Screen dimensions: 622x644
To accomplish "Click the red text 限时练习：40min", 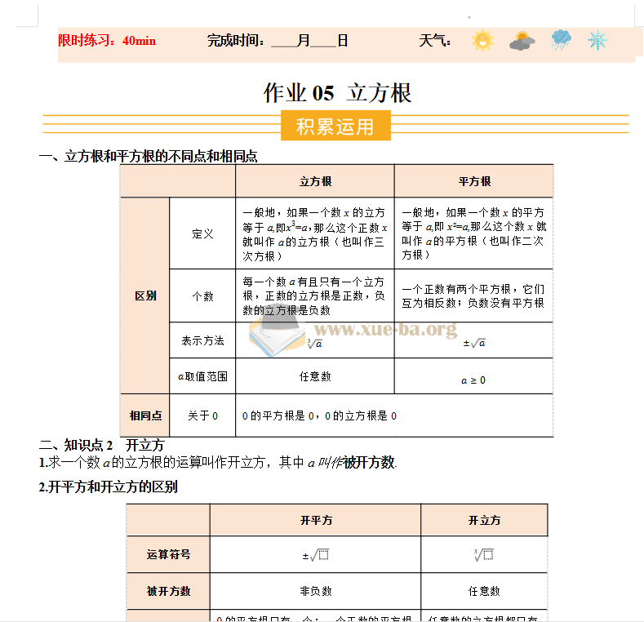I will (107, 40).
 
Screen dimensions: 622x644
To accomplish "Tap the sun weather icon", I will (482, 40).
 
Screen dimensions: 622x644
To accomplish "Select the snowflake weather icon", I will (598, 40).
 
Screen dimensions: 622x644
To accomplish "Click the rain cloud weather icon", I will (561, 40).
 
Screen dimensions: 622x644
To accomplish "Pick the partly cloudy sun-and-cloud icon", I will (522, 40).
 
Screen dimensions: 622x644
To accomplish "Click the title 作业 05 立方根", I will (337, 93).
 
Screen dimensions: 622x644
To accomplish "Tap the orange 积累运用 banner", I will (335, 127).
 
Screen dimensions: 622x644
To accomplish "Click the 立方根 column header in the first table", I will (315, 181).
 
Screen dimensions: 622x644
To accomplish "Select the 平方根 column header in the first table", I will (473, 181).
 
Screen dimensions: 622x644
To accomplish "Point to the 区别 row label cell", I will (145, 295).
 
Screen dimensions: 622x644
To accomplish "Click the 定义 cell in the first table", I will (202, 233).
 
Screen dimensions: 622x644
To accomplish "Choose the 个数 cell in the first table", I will (202, 295).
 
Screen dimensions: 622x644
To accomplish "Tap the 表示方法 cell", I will (202, 340).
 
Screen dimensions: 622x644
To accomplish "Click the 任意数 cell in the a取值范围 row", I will (315, 376).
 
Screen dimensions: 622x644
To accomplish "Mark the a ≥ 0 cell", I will (473, 380).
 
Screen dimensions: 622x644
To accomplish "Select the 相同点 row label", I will (145, 415).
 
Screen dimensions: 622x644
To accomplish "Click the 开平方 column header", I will (316, 520).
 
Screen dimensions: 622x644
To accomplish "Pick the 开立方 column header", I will (484, 520).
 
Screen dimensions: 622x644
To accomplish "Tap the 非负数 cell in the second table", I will (316, 591).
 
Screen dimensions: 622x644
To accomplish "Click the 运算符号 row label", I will (168, 554).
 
